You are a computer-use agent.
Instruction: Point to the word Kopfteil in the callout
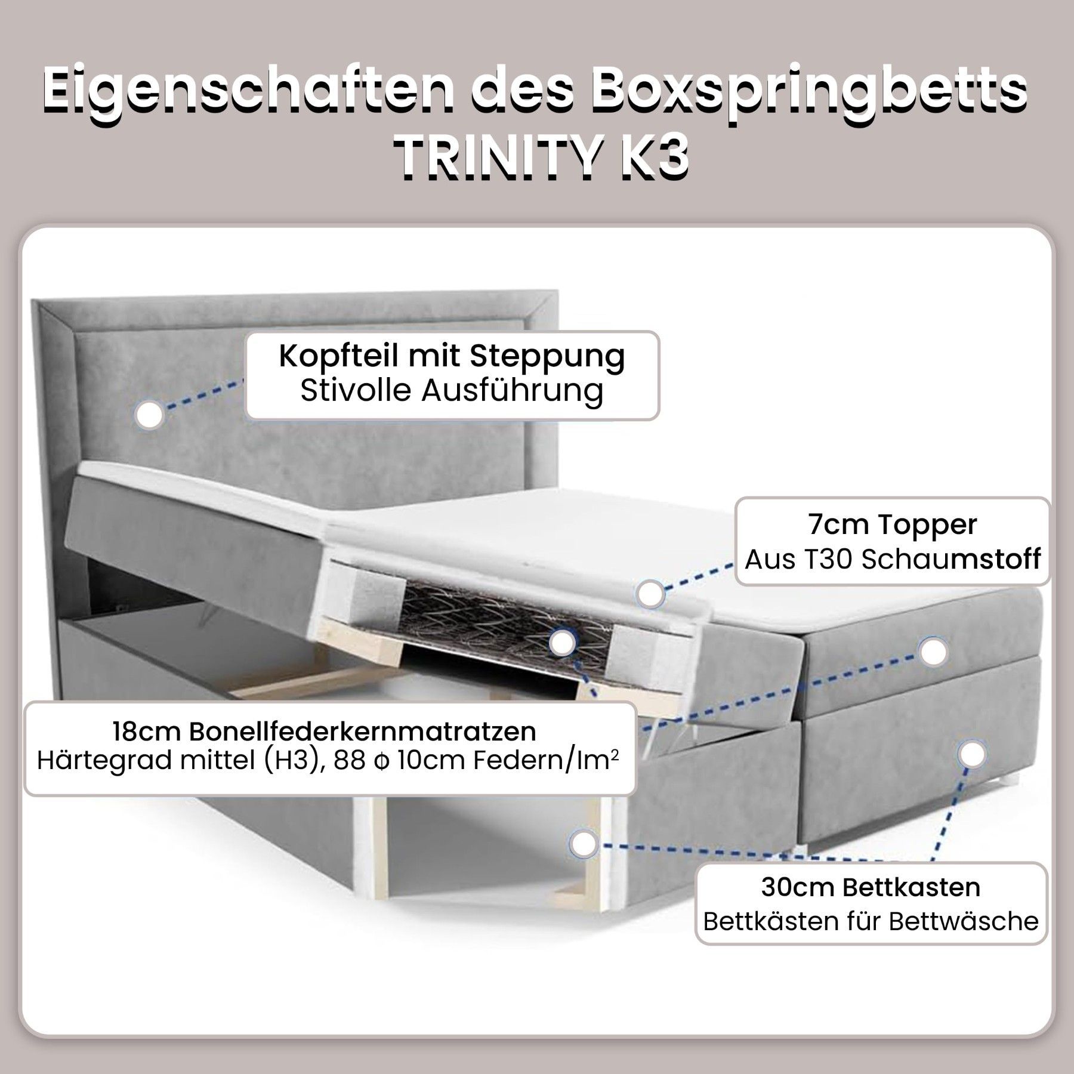(x=339, y=356)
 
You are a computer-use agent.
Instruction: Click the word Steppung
(x=547, y=357)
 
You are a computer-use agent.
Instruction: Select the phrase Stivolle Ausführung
(x=452, y=391)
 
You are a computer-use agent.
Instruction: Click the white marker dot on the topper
(x=650, y=594)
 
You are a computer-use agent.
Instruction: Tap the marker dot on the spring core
(x=562, y=643)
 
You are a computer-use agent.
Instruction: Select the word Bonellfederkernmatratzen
(x=363, y=731)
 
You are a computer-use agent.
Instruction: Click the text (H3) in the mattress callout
(x=298, y=761)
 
